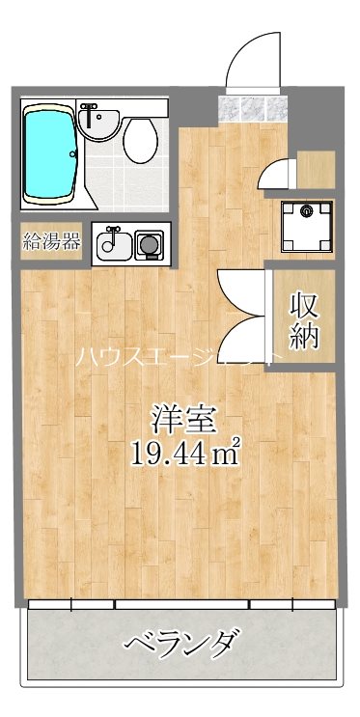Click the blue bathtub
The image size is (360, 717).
click(x=50, y=154)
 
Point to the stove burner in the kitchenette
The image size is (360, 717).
click(x=149, y=244)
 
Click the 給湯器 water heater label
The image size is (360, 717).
click(x=52, y=241)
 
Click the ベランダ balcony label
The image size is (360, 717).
click(x=181, y=641)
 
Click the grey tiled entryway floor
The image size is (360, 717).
click(x=254, y=107)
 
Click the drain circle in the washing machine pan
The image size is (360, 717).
click(x=306, y=209)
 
